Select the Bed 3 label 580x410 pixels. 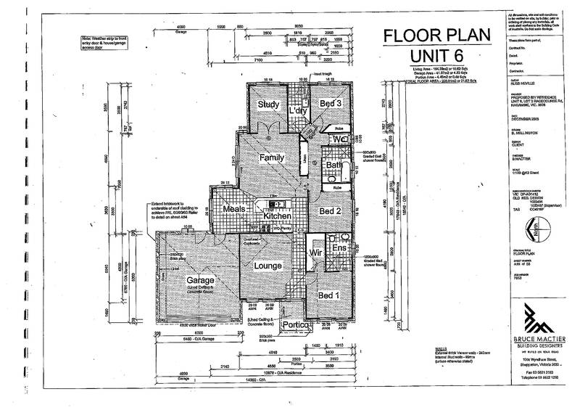(x=331, y=104)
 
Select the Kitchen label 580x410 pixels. (x=277, y=216)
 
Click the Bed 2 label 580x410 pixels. (x=331, y=211)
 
